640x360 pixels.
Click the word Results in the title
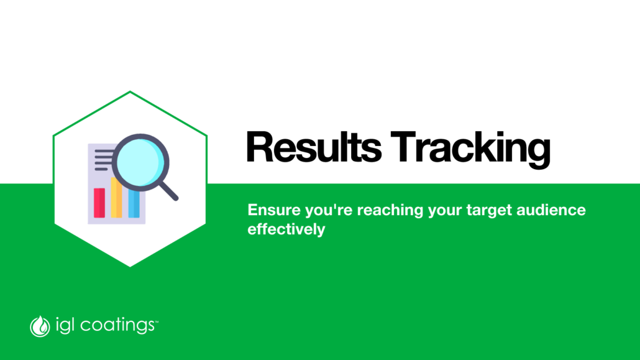(313, 147)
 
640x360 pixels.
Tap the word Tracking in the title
(470, 150)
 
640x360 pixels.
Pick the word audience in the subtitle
(551, 210)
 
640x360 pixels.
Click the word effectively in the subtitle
(286, 229)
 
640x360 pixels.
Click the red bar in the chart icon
(99, 203)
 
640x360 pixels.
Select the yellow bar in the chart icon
(116, 198)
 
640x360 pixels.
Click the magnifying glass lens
(140, 162)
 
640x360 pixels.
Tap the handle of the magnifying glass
(168, 192)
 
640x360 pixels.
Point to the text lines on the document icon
(104, 160)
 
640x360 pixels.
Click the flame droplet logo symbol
(40, 326)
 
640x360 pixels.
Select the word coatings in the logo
(117, 326)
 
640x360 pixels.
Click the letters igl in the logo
(65, 326)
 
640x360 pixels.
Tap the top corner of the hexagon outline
(130, 91)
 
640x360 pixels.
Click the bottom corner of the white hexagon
(130, 266)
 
